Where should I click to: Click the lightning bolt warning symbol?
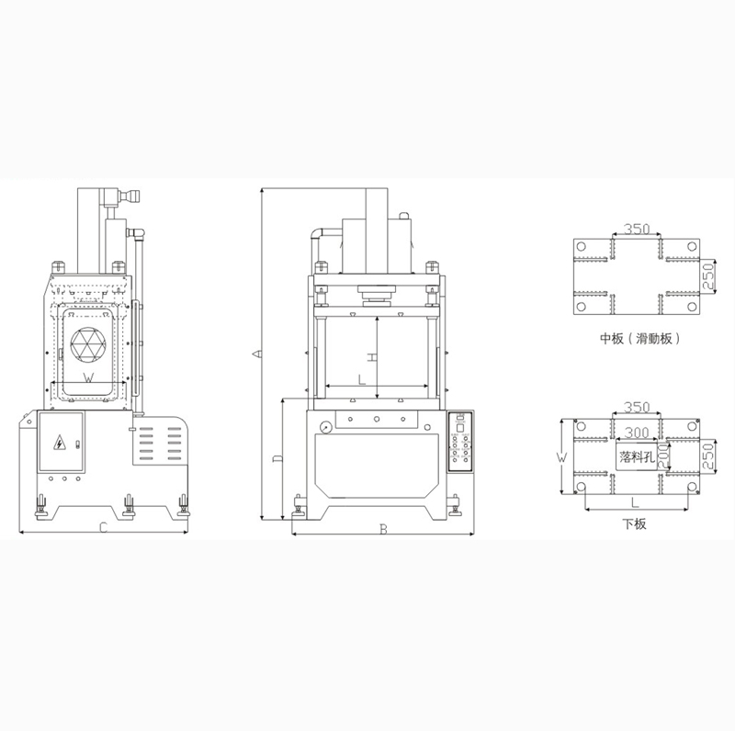coord(60,443)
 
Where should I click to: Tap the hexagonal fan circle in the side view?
coord(88,344)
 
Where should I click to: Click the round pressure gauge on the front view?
coord(325,427)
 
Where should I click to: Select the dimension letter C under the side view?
coord(104,528)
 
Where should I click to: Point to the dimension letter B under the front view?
coord(383,530)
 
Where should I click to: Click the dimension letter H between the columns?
coord(371,358)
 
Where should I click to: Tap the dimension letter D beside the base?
coord(277,459)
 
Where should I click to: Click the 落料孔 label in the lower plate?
coord(637,456)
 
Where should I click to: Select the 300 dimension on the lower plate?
coord(637,432)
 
